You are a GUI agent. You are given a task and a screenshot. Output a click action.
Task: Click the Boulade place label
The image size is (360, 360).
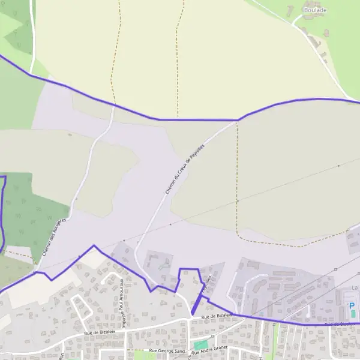point(316,10)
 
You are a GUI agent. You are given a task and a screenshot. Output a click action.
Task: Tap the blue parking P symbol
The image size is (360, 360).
point(352,305)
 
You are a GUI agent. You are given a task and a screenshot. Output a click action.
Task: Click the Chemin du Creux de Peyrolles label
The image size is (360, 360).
point(185,167)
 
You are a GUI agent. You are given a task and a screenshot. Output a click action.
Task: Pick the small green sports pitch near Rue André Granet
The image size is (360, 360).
point(200,345)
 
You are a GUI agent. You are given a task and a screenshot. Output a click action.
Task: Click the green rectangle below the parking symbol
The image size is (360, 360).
point(353,314)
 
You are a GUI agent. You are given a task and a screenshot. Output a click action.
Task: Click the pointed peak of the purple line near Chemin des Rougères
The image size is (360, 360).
point(94,245)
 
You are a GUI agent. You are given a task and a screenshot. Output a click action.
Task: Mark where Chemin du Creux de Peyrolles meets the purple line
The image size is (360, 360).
point(237,120)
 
